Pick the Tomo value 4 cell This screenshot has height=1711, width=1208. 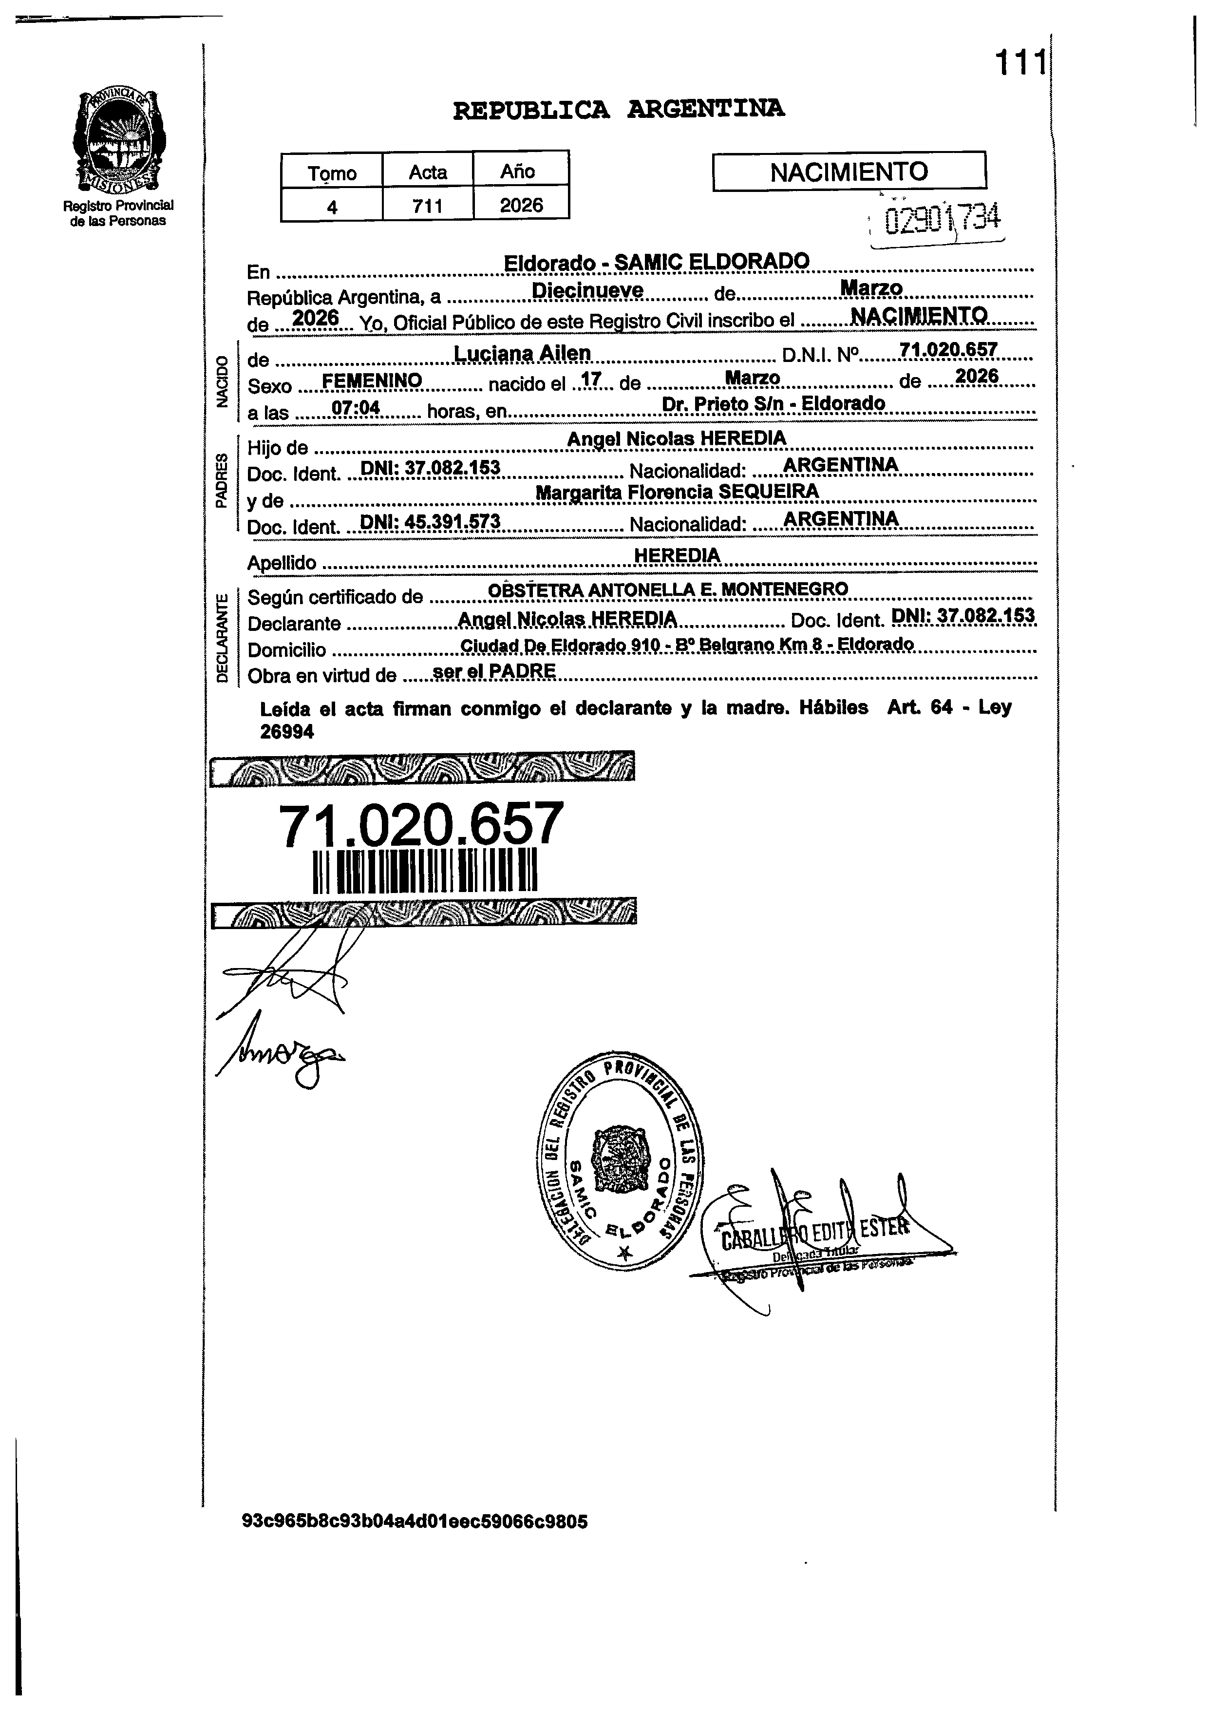click(x=332, y=206)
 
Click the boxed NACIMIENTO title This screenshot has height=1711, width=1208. click(x=849, y=172)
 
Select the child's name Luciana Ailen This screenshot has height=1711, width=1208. click(x=522, y=353)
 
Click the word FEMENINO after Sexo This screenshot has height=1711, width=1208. click(x=372, y=381)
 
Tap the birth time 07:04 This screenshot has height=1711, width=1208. click(x=356, y=408)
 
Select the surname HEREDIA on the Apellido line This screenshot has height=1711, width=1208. click(x=677, y=555)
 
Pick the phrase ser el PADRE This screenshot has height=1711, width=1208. click(x=494, y=671)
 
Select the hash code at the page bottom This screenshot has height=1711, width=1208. click(x=415, y=1521)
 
